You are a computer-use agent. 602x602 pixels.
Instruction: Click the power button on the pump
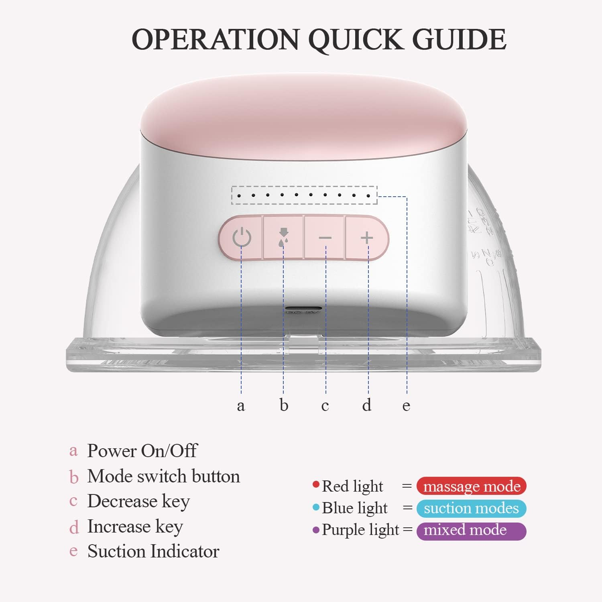(x=242, y=238)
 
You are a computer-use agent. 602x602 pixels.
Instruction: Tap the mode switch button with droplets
(x=283, y=238)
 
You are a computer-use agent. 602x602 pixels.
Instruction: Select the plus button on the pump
(x=367, y=238)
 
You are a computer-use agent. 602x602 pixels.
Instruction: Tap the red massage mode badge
(x=471, y=486)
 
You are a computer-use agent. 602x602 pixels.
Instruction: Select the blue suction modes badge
(x=471, y=508)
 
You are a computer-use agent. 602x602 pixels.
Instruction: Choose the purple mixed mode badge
(x=471, y=531)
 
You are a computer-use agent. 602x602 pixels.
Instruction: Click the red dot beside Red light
(x=316, y=484)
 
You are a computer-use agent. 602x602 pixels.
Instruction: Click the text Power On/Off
(x=142, y=451)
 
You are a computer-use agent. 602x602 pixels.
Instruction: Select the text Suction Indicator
(x=153, y=551)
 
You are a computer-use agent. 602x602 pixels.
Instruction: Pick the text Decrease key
(x=138, y=501)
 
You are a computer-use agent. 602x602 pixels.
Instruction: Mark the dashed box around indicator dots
(x=304, y=195)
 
